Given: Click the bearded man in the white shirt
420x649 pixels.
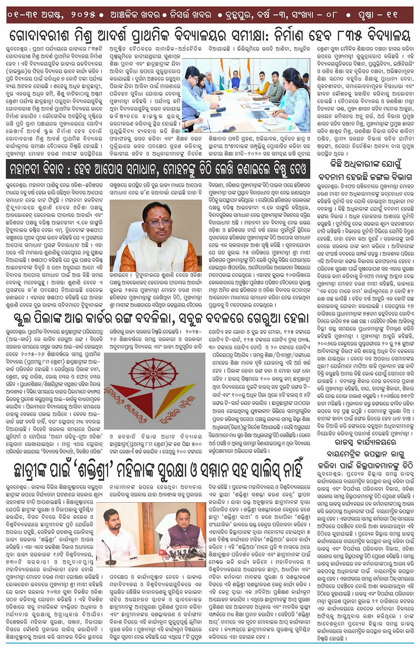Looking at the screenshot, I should click(x=113, y=531).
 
